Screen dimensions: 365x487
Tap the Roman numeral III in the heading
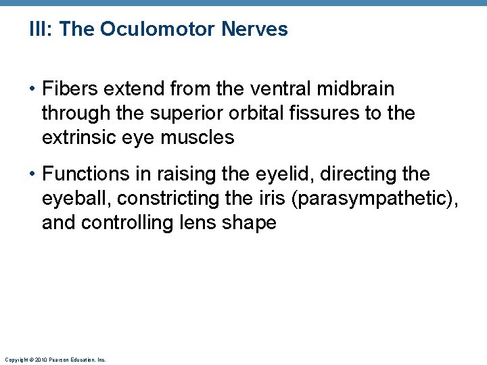point(37,30)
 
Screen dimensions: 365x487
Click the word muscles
point(200,138)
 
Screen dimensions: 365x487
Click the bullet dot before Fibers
point(32,89)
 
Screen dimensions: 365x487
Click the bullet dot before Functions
point(32,174)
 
